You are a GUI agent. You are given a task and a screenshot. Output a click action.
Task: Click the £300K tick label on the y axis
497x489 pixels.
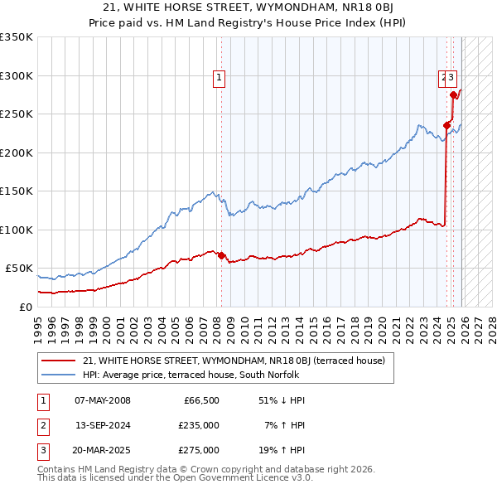click(17, 75)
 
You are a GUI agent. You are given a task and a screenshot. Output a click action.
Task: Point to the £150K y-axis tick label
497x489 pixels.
click(17, 191)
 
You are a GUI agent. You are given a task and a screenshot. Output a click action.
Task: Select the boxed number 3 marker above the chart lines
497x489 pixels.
click(452, 78)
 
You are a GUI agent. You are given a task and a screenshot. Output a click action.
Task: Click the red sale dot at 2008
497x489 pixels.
click(222, 255)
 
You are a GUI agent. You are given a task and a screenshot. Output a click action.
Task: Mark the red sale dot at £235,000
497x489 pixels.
click(446, 126)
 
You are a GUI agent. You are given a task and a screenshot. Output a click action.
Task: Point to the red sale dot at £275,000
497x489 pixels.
click(453, 95)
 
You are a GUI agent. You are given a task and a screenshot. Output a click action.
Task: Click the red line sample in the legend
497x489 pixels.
click(58, 361)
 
